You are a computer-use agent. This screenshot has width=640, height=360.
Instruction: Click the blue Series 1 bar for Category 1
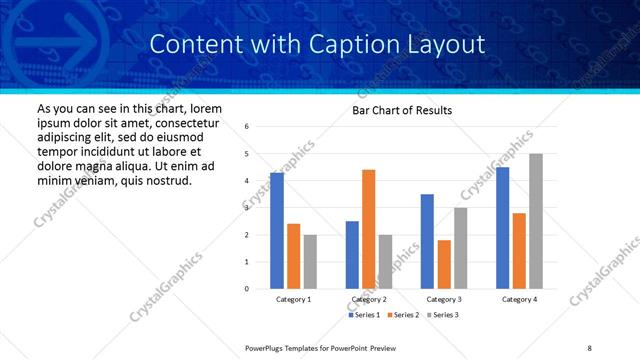(x=277, y=231)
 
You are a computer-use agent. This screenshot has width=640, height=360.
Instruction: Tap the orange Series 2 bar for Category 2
(x=369, y=229)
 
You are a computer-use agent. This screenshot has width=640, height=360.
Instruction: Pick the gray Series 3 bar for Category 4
(x=536, y=221)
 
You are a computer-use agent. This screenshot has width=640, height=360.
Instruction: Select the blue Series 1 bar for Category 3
(x=427, y=241)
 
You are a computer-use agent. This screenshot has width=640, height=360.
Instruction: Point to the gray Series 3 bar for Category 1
(x=311, y=261)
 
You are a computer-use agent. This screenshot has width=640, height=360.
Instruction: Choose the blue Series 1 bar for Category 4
(x=502, y=228)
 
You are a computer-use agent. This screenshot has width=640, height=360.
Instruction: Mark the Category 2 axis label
(x=369, y=299)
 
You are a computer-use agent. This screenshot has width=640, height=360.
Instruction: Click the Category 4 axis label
(x=519, y=299)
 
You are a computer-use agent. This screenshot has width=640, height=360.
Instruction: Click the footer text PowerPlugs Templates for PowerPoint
(x=315, y=348)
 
